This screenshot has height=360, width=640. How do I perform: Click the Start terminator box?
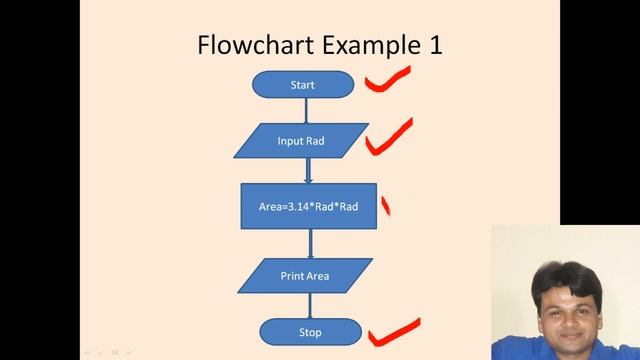pyautogui.click(x=302, y=85)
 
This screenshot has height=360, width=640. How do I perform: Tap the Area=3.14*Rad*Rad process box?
pyautogui.click(x=309, y=207)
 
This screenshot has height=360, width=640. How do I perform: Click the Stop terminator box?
pyautogui.click(x=309, y=330)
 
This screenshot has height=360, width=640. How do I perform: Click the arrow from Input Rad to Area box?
pyautogui.click(x=308, y=170)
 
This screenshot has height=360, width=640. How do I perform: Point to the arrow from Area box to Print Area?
pyautogui.click(x=310, y=244)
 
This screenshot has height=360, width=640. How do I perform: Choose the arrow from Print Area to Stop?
pyautogui.click(x=310, y=303)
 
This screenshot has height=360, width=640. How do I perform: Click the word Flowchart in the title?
pyautogui.click(x=254, y=45)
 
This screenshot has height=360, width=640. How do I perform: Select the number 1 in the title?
pyautogui.click(x=435, y=45)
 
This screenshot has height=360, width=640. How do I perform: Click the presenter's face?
pyautogui.click(x=561, y=289)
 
